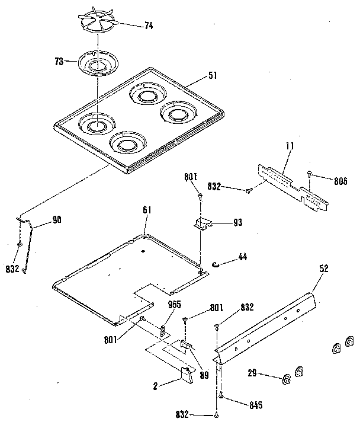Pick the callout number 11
pos(289,145)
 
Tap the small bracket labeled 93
pos(202,223)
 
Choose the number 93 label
pos(237,223)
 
